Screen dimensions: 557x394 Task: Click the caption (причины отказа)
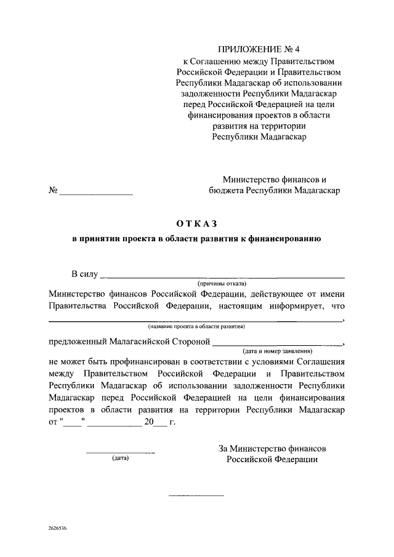point(222,283)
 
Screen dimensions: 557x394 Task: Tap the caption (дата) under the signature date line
point(120,459)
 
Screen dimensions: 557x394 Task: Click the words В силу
point(84,274)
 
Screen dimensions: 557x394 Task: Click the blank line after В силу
point(222,278)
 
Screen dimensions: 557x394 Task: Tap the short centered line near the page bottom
point(196,495)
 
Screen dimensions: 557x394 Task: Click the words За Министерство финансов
point(272,448)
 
